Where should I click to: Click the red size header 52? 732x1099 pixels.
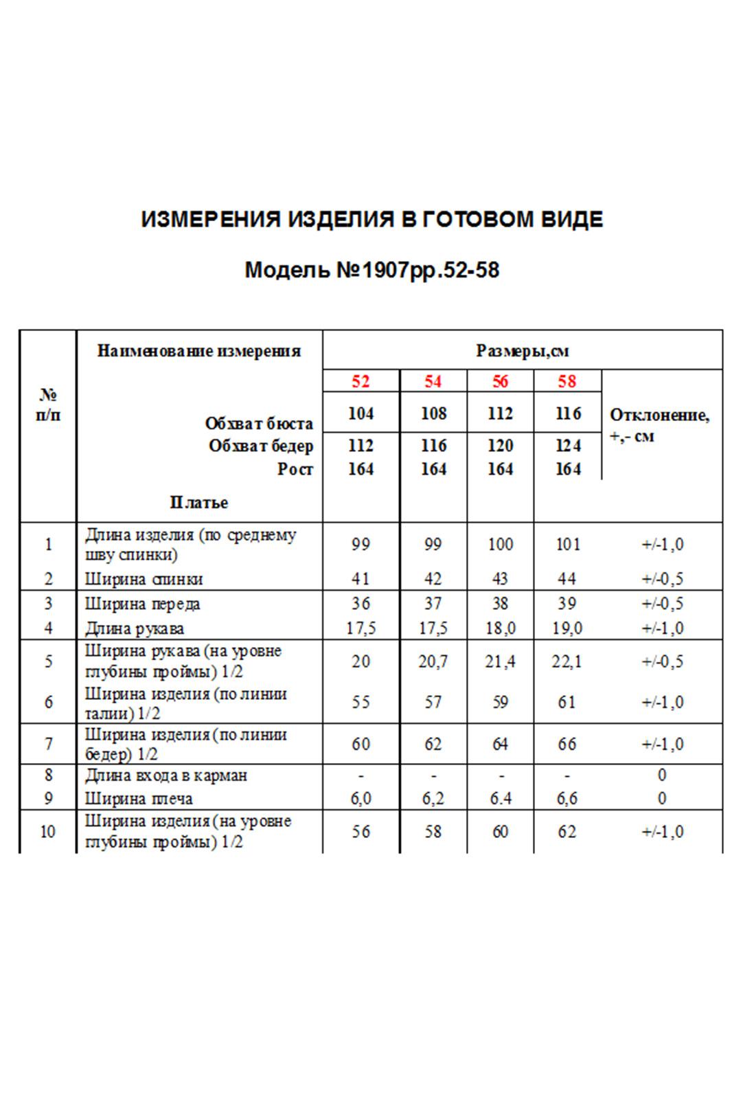tap(361, 381)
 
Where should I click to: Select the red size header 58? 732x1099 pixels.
tap(567, 381)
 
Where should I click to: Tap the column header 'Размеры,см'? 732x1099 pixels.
tap(523, 351)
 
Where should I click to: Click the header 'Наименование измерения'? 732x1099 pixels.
tap(199, 351)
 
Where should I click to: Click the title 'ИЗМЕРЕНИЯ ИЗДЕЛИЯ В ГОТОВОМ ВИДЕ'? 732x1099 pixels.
tap(371, 220)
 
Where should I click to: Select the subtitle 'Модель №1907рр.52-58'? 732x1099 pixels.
tap(371, 270)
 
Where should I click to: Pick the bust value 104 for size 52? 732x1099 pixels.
tap(361, 413)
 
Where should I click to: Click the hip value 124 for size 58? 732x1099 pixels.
tap(567, 446)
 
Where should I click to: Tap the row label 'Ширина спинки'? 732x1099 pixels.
tap(144, 579)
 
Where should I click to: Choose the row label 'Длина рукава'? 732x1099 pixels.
tap(134, 628)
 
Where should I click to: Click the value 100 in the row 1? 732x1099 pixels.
tap(500, 544)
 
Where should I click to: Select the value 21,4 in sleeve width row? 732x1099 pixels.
tap(500, 661)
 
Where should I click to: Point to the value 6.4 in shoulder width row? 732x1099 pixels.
tap(500, 798)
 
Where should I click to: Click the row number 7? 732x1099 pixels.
tap(48, 743)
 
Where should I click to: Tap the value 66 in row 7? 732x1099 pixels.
tap(567, 743)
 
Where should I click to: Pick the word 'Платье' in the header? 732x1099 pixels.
tap(199, 502)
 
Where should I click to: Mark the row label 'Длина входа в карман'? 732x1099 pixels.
tap(165, 775)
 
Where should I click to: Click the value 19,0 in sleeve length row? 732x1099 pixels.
tap(567, 628)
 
